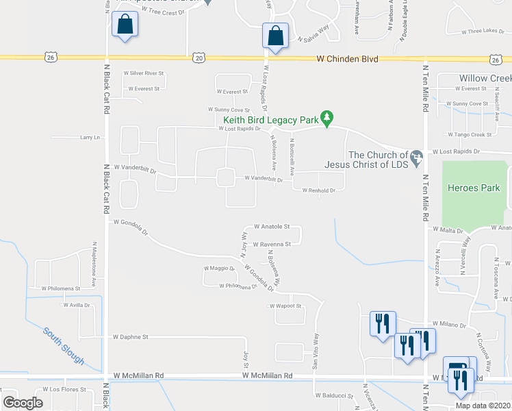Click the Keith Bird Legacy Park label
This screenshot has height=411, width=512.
tap(269, 119)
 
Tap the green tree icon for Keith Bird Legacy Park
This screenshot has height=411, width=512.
tap(328, 118)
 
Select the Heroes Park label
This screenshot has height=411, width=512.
tap(474, 188)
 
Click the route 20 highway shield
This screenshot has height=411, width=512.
tap(199, 59)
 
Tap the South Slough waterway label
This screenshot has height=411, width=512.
tap(64, 346)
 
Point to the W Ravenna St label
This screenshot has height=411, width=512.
tap(272, 244)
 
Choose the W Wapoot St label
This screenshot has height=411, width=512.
tap(286, 306)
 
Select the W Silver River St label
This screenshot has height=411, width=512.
tap(144, 73)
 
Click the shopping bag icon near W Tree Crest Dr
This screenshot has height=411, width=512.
tap(126, 25)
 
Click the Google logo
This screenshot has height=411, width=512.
tap(23, 403)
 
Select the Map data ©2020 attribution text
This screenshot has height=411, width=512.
tap(482, 406)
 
